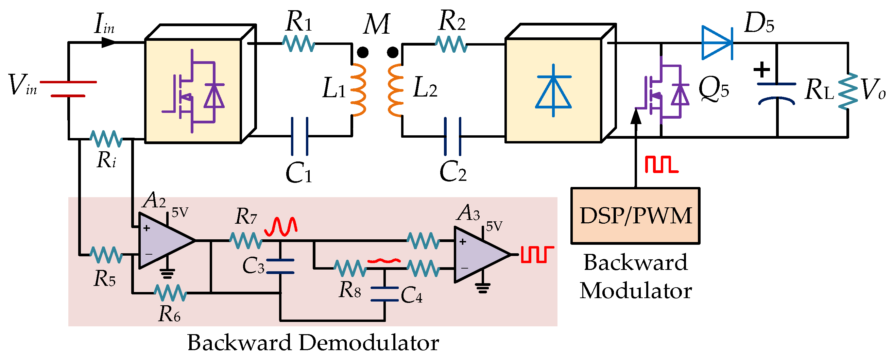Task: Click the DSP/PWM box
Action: [635, 216]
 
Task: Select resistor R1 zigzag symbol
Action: [298, 44]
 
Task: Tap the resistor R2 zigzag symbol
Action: [451, 44]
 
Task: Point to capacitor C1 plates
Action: [299, 136]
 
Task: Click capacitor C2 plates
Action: [452, 136]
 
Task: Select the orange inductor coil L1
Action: [358, 90]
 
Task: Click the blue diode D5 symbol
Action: [717, 43]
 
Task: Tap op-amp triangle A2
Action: [163, 240]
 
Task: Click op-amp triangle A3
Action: [478, 255]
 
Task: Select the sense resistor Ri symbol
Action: [106, 139]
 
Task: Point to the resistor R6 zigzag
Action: [170, 293]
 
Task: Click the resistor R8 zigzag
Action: [350, 268]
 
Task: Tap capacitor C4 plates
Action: [384, 294]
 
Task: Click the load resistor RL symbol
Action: [847, 91]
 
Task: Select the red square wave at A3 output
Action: [537, 254]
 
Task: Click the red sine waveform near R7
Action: [281, 226]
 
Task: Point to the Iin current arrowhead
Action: [108, 42]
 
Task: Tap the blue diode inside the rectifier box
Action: [553, 91]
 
